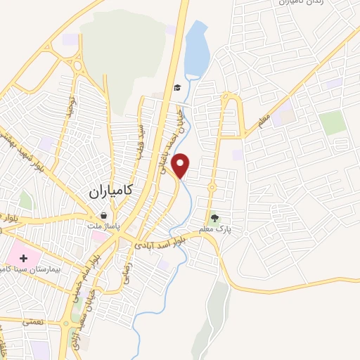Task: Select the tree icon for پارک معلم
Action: (x=215, y=217)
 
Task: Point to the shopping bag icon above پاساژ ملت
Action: (x=104, y=216)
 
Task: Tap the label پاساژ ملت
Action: (x=108, y=226)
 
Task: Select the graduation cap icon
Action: (x=177, y=88)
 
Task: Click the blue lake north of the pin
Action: (x=196, y=49)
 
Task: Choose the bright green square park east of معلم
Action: (x=333, y=122)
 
